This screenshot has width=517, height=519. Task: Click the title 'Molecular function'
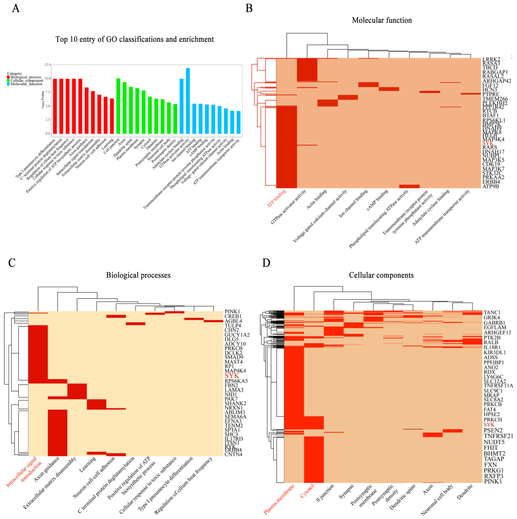click(x=382, y=20)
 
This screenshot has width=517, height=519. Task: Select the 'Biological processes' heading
click(x=138, y=275)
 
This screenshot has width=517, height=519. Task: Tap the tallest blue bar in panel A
click(x=188, y=101)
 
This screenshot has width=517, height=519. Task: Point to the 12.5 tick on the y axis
click(x=47, y=65)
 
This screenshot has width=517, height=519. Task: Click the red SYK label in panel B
click(x=488, y=143)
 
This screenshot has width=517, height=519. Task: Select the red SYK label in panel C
click(x=232, y=376)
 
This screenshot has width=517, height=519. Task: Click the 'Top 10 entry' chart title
click(x=135, y=39)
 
